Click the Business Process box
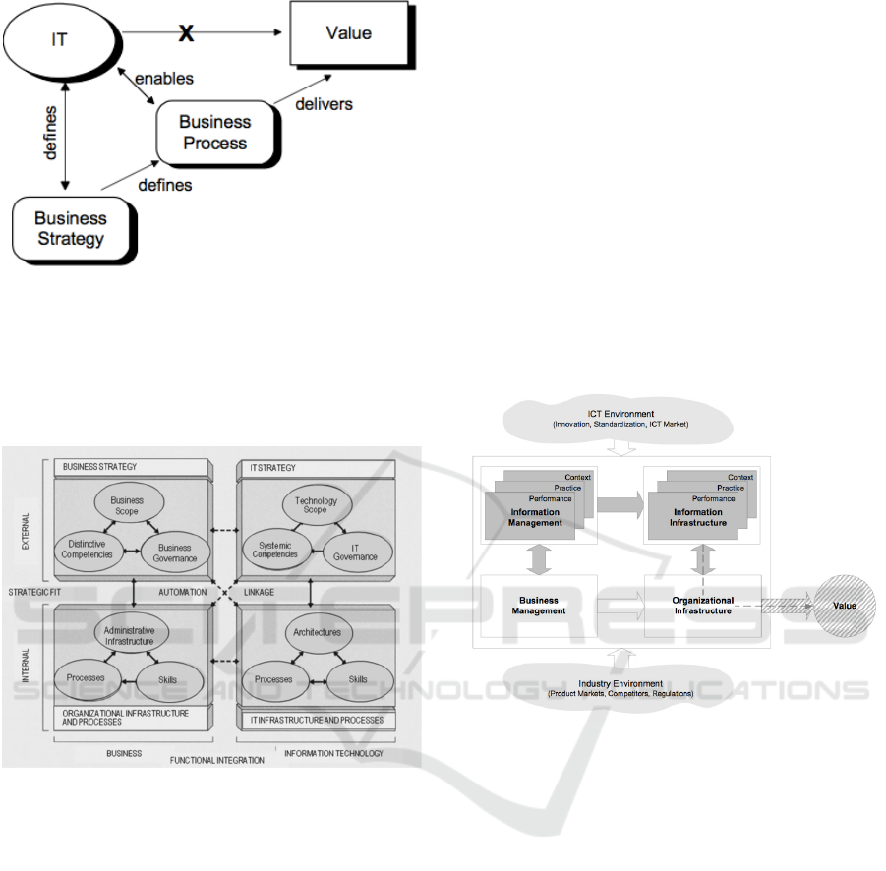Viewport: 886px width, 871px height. pyautogui.click(x=212, y=134)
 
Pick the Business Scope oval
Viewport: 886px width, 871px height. pyautogui.click(x=127, y=506)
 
